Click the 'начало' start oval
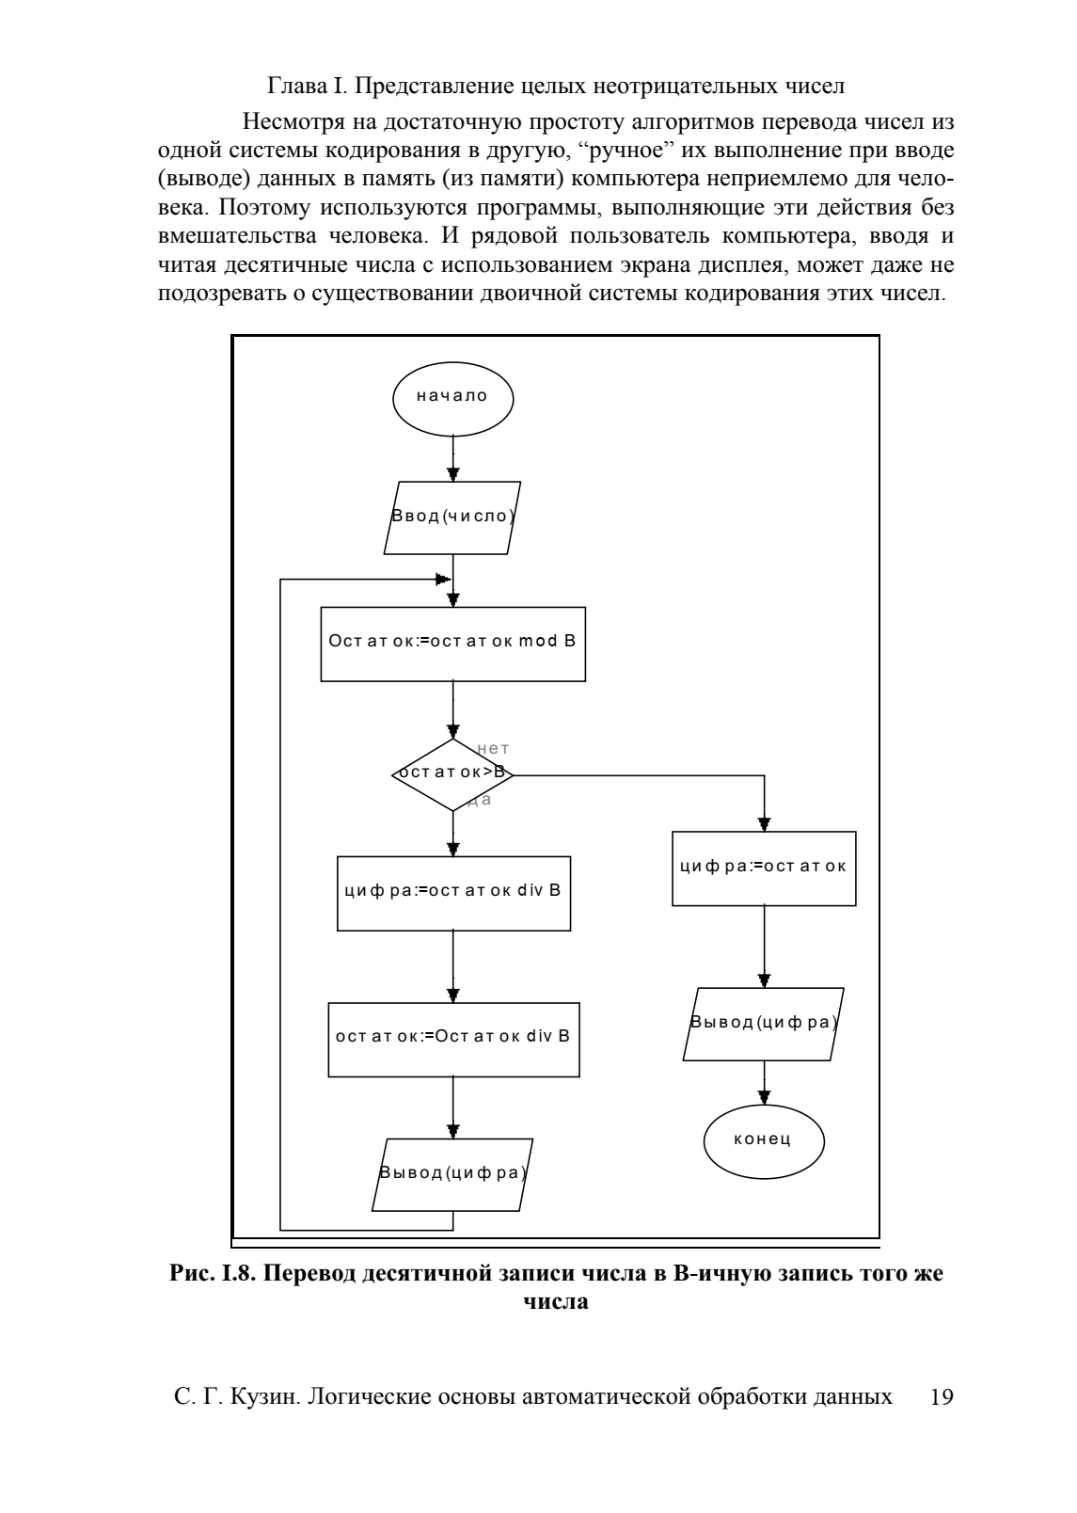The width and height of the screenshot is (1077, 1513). click(x=453, y=399)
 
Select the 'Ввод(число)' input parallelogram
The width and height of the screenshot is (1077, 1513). click(x=452, y=518)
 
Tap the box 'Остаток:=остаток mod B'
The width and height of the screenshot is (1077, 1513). click(x=453, y=645)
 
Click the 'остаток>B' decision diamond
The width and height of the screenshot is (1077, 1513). click(x=453, y=774)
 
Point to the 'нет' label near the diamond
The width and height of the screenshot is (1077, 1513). click(x=494, y=749)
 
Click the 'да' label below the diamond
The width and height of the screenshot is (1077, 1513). click(x=480, y=801)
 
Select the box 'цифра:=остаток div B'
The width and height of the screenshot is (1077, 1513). click(x=453, y=894)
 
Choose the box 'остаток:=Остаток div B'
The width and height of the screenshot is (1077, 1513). click(x=453, y=1040)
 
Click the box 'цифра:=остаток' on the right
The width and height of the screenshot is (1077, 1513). click(x=765, y=868)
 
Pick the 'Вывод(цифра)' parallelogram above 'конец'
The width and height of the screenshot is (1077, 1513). click(x=764, y=1024)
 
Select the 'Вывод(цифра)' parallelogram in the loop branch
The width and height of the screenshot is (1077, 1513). click(x=452, y=1174)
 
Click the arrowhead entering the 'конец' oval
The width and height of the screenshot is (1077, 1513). click(x=765, y=1098)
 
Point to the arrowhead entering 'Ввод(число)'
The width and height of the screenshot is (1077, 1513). click(x=453, y=474)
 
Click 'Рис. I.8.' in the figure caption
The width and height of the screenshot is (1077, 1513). click(x=213, y=1273)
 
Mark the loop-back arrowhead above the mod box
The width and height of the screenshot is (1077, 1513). click(x=443, y=580)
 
